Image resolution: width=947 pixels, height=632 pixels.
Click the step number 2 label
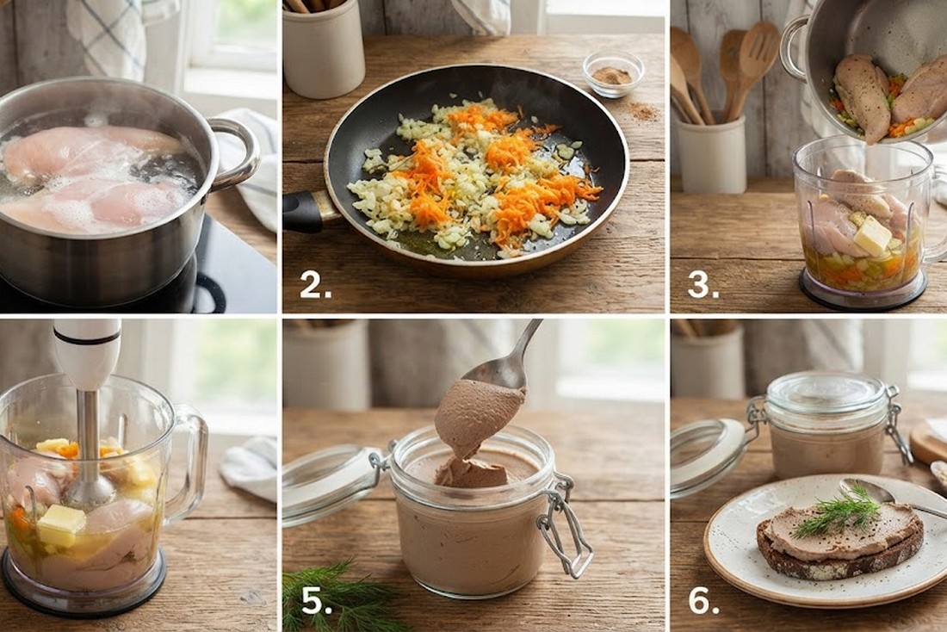tap(315, 285)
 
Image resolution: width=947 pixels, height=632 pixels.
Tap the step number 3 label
tap(703, 285)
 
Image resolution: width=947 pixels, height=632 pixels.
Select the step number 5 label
tap(316, 601)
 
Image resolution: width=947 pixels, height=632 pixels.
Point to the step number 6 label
tap(703, 601)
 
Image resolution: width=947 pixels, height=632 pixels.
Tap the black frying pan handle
tap(308, 212)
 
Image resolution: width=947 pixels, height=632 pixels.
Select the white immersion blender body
tap(88, 354)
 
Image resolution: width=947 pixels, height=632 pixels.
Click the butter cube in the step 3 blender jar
tap(871, 235)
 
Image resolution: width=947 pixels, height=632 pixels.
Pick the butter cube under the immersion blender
tap(62, 525)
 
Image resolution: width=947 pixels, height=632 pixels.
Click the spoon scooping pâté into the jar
tap(506, 362)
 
